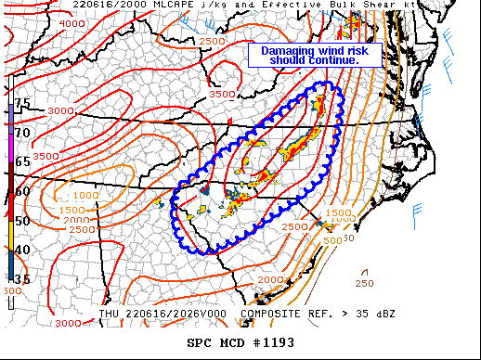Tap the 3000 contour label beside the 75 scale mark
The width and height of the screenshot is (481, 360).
tap(59, 111)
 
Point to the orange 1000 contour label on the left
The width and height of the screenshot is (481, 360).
tap(85, 196)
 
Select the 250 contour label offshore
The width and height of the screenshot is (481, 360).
tap(364, 283)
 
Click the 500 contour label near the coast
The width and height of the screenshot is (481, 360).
tap(331, 239)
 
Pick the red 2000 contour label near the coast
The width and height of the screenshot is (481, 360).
tap(271, 280)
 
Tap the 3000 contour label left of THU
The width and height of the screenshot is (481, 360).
tap(67, 323)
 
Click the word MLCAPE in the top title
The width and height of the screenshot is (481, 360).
tap(96, 6)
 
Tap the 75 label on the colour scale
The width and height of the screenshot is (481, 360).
tap(21, 103)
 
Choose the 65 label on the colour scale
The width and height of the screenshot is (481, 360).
tap(21, 161)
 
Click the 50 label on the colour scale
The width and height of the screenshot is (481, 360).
tap(21, 220)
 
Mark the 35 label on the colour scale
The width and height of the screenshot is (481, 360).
tap(21, 277)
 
